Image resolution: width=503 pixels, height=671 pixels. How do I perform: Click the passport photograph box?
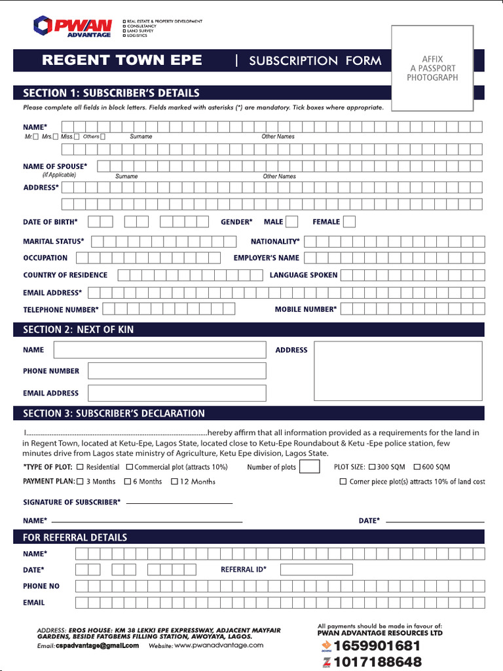click(x=432, y=69)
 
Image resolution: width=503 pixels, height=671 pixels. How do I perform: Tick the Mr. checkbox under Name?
click(x=36, y=137)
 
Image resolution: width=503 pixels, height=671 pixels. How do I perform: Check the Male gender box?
click(x=291, y=222)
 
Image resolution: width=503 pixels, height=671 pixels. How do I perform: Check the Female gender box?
click(x=349, y=222)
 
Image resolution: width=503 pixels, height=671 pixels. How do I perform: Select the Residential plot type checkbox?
click(x=80, y=467)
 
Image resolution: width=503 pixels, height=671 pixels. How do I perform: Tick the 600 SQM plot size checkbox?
click(x=417, y=467)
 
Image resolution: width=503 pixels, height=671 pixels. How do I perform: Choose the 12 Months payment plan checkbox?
click(x=175, y=482)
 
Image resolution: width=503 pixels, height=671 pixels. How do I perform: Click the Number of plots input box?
click(x=309, y=467)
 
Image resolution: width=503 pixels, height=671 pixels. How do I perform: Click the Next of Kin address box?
click(x=398, y=370)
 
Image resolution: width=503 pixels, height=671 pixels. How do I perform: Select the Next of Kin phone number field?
click(x=177, y=371)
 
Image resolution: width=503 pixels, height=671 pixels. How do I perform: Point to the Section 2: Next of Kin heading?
click(x=79, y=330)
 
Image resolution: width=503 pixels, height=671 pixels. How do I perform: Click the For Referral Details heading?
click(x=75, y=537)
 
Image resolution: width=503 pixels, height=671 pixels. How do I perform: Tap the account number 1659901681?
click(x=377, y=646)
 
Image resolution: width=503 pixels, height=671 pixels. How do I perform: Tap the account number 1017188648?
click(x=377, y=662)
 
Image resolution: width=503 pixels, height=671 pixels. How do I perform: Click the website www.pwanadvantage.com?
click(x=219, y=645)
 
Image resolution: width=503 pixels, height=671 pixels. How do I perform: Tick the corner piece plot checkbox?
click(x=343, y=482)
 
